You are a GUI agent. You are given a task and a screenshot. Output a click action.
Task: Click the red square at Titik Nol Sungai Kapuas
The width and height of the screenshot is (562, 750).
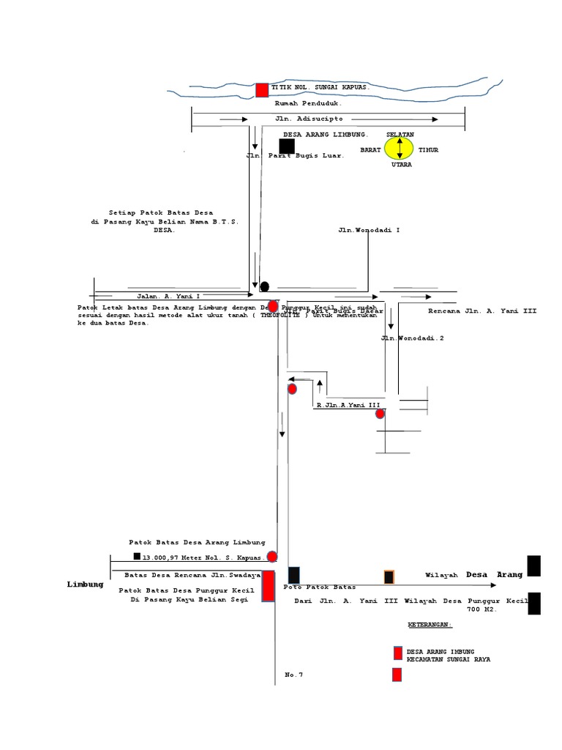(262, 90)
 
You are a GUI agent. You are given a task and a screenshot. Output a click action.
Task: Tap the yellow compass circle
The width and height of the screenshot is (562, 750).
(400, 149)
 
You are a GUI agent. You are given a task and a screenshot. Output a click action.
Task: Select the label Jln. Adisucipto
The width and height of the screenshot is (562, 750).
(299, 118)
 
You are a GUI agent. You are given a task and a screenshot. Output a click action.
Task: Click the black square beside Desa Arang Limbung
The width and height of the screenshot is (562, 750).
(287, 146)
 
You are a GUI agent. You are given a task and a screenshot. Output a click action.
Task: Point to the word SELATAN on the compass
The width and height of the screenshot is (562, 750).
(400, 135)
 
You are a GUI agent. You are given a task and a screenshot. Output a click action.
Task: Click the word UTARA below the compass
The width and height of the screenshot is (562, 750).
(401, 165)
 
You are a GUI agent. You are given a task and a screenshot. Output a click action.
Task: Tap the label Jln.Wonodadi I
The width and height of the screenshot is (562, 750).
(369, 230)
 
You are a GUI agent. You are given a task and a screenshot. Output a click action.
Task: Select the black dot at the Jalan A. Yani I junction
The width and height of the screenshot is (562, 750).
(264, 286)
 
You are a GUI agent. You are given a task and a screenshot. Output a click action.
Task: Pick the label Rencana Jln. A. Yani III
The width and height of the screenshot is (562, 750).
(482, 311)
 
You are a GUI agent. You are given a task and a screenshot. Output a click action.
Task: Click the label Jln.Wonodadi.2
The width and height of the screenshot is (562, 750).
(412, 338)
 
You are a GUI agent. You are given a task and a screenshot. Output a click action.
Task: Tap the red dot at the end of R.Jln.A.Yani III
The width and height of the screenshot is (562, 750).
(380, 414)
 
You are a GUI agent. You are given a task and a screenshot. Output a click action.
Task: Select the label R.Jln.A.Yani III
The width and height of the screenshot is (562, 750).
(348, 405)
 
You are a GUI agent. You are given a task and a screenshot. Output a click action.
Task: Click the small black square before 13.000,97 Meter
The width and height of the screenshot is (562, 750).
(137, 556)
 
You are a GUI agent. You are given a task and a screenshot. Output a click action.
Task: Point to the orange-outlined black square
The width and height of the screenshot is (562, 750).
(389, 577)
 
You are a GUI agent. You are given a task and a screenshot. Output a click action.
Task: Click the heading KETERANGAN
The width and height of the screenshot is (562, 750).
(430, 625)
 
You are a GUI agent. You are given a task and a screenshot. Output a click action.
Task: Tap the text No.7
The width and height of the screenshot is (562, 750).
(293, 675)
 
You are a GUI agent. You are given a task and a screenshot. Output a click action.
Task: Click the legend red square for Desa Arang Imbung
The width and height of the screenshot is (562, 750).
(397, 653)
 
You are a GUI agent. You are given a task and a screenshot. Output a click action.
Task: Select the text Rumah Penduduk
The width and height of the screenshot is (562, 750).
(303, 103)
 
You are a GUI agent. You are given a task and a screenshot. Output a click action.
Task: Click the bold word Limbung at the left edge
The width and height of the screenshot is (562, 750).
(85, 584)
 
